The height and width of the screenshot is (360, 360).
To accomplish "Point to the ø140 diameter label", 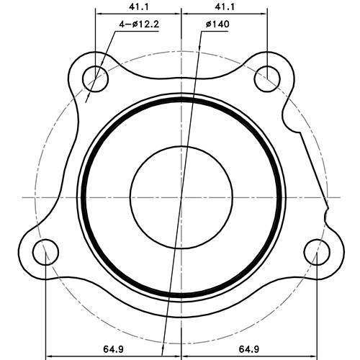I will (x=217, y=24).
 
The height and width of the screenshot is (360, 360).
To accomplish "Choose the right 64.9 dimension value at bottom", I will (x=249, y=348).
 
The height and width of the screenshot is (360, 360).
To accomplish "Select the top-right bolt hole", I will (x=269, y=75).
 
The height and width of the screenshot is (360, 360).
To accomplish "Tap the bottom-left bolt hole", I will (x=45, y=253).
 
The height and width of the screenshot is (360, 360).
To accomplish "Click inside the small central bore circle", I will (x=181, y=196).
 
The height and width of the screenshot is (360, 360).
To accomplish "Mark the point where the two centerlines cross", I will (x=181, y=197).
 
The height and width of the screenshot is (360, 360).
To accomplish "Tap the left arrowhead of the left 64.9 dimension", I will (x=49, y=356).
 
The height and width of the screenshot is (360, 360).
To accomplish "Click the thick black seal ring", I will (x=84, y=197).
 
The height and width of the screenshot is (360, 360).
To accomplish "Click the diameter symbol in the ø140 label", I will (x=208, y=24).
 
